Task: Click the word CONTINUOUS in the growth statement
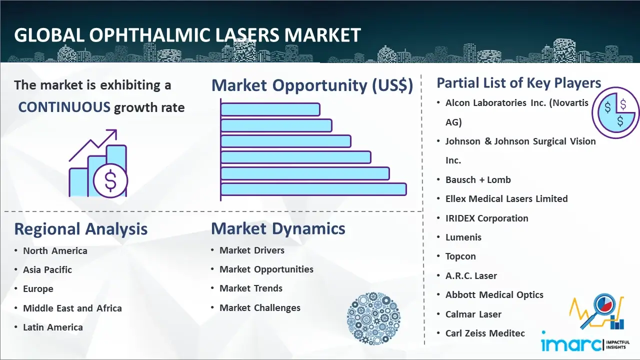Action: pos(64,107)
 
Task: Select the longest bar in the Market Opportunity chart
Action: pos(313,189)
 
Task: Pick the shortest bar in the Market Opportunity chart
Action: pos(270,109)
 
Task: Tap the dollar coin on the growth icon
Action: pos(110,181)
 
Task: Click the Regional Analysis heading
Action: pos(81,229)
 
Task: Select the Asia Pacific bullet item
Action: pos(47,269)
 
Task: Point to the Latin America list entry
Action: pos(53,327)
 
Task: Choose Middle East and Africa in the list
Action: pos(72,308)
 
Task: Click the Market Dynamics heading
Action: pos(278,228)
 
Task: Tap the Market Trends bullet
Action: pos(251,288)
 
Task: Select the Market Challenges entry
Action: pos(259,307)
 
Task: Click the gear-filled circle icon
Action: pos(373,318)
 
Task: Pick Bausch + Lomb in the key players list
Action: pos(478,179)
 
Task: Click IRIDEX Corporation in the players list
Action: pos(487,218)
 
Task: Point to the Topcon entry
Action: pos(460,256)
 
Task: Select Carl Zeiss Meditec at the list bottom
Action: pos(485,333)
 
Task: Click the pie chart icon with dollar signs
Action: pos(615,112)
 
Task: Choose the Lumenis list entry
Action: pos(463,237)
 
